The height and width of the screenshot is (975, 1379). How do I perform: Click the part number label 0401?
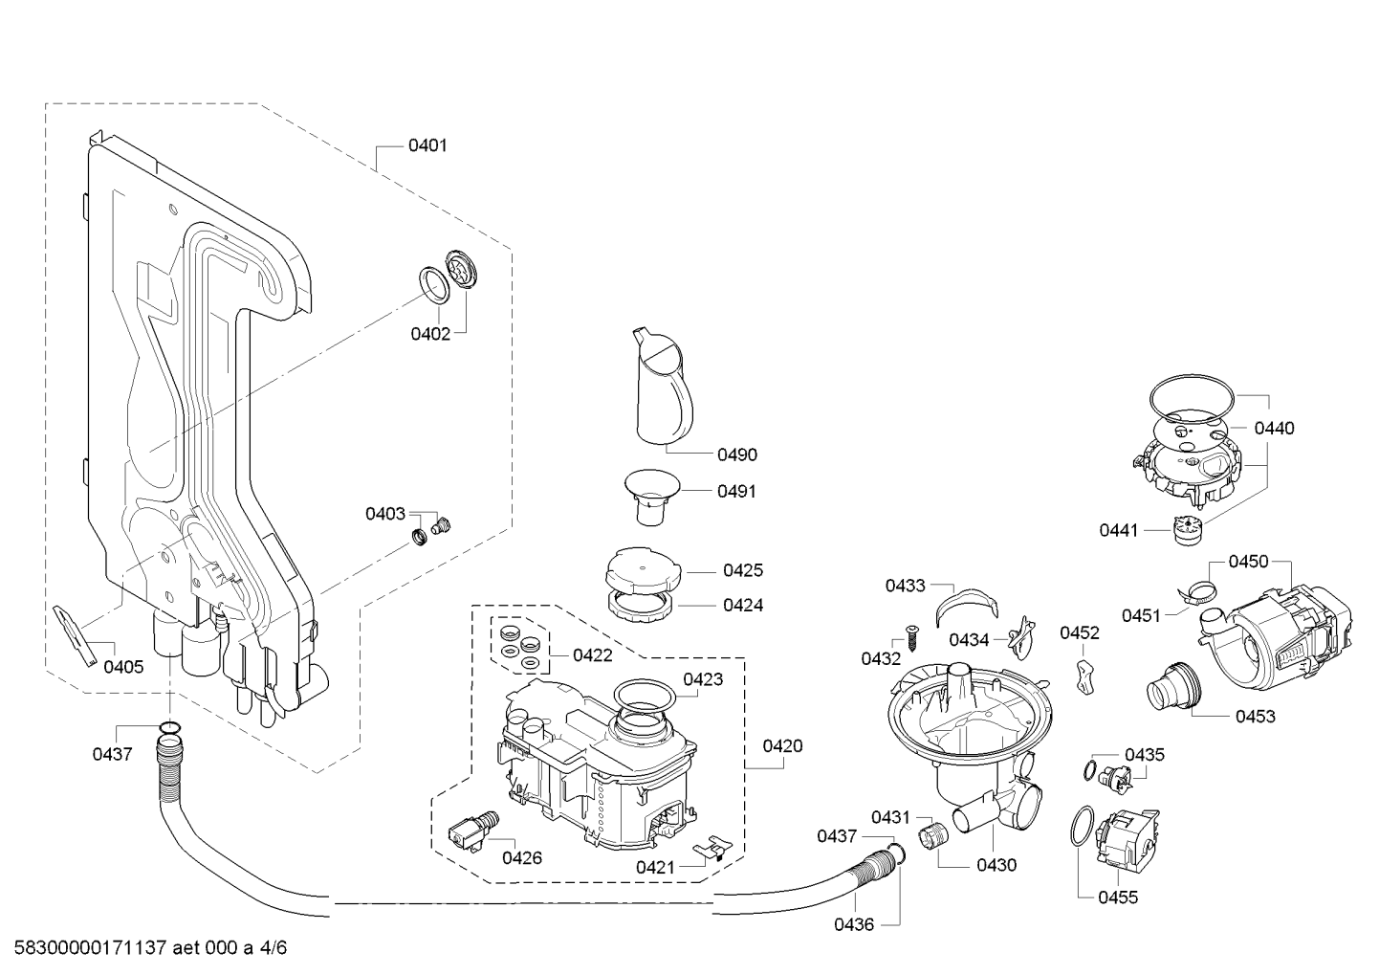(x=427, y=146)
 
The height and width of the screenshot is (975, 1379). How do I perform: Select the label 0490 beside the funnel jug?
(x=737, y=455)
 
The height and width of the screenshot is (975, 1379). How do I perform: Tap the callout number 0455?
(x=1118, y=897)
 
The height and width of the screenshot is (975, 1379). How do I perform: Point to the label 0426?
(x=522, y=858)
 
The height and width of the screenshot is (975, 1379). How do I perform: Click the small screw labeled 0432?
(x=911, y=636)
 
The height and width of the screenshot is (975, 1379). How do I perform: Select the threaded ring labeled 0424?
(x=643, y=608)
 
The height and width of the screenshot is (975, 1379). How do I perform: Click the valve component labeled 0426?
(x=472, y=831)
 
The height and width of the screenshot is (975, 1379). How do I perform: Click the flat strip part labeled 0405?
(x=76, y=635)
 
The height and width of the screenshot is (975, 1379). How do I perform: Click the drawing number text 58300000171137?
(x=90, y=947)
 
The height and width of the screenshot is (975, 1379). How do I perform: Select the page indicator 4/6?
(x=274, y=947)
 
